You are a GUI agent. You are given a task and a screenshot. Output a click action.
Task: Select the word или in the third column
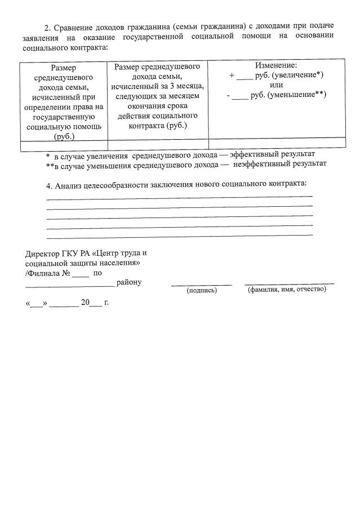coord(276,85)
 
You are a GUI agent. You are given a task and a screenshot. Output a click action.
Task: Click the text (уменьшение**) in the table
coord(297,94)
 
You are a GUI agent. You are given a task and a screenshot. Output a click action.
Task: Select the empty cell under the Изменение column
coord(277,144)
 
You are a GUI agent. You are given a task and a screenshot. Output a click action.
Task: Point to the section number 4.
coord(48,184)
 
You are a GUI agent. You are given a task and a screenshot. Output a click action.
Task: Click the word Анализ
coord(69,184)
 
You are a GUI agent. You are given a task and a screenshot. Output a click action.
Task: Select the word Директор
coord(42,252)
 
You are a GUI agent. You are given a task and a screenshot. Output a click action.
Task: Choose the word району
coord(129,282)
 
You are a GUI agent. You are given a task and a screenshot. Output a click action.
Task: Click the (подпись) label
coord(201,290)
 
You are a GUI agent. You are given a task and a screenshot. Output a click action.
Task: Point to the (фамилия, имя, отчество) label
coord(287,289)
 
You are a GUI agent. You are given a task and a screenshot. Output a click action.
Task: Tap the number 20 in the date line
coord(85,303)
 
